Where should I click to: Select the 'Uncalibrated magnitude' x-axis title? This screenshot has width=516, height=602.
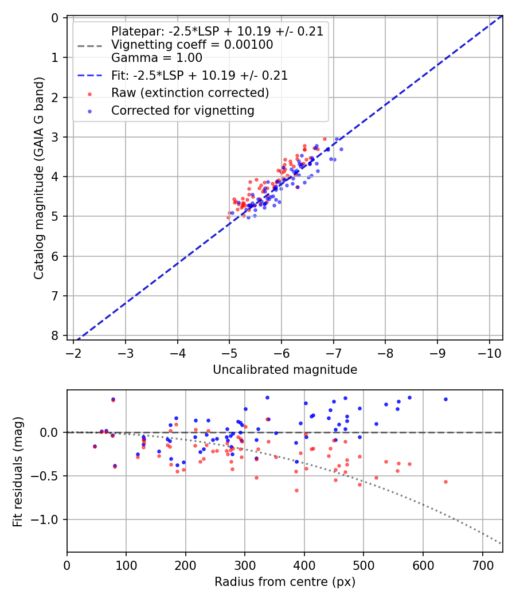(x=285, y=370)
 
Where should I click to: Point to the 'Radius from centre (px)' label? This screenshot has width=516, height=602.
(x=285, y=582)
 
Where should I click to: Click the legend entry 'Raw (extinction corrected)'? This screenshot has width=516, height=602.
(x=190, y=93)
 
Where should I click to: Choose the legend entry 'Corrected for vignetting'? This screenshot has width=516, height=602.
(x=182, y=110)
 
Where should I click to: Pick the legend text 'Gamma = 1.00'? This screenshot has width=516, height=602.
(x=157, y=57)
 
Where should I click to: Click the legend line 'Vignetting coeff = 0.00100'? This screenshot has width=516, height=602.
(x=192, y=45)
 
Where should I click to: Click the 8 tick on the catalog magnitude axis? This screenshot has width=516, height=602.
(x=55, y=335)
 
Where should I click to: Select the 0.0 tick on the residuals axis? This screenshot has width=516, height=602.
(x=52, y=432)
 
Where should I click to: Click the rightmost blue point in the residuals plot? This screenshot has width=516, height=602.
(x=445, y=399)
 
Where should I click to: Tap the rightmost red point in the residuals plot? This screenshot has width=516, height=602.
(x=445, y=482)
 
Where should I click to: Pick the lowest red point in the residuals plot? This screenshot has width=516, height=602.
(x=296, y=490)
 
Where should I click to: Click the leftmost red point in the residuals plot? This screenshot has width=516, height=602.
(x=95, y=447)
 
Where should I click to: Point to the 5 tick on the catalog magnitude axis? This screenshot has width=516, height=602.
(x=55, y=216)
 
